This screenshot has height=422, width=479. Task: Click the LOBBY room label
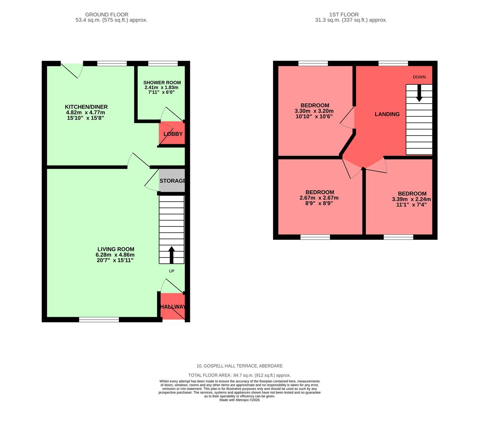coord(173,134)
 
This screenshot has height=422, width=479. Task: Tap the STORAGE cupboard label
coord(172,181)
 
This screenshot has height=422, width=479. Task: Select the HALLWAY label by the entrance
coord(173,307)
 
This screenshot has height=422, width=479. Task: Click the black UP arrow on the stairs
coord(172,254)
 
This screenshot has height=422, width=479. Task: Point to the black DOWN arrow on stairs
coord(419,93)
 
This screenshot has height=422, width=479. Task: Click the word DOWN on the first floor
coord(419,77)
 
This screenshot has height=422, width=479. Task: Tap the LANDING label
coord(387,114)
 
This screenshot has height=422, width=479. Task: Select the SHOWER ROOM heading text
coord(162,82)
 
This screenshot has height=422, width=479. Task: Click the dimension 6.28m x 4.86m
coord(115,255)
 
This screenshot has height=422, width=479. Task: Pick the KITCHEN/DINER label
coord(86,107)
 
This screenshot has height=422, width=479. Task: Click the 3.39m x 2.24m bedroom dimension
coord(411,199)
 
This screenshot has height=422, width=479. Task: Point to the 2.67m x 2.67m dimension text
coord(319,198)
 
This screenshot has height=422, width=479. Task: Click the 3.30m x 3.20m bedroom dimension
coord(314,111)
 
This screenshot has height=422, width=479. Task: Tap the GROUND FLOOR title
coord(107,14)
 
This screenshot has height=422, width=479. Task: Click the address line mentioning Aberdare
coord(239,366)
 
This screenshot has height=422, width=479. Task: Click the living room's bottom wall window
coord(99,320)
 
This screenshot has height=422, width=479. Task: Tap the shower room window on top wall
coord(163,63)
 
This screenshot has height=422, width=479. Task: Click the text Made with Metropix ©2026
coord(239,400)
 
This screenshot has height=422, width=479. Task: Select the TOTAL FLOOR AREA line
coord(239,375)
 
